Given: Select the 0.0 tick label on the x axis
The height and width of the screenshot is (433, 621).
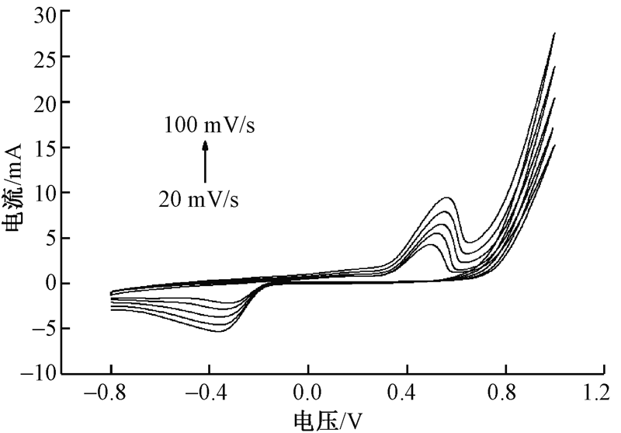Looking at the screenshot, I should (308, 392).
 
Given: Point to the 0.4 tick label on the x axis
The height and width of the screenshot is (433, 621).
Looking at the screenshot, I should (407, 392).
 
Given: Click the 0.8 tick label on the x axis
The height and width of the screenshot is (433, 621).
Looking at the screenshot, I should (505, 392).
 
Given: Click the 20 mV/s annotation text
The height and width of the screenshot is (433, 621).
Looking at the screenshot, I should (199, 199).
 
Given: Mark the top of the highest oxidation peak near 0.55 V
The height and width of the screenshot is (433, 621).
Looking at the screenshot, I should (446, 198).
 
